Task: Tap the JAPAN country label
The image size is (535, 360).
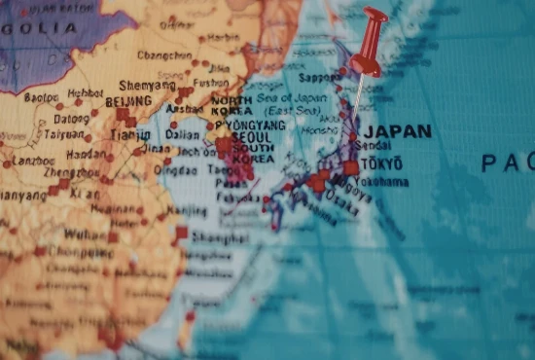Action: point(397,131)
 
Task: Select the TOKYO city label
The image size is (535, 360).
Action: point(385,163)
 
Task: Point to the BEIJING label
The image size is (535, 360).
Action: point(127,101)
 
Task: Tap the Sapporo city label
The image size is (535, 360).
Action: point(322,78)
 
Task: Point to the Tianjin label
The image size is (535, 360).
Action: point(130,135)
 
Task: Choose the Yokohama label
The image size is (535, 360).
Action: point(380,182)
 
